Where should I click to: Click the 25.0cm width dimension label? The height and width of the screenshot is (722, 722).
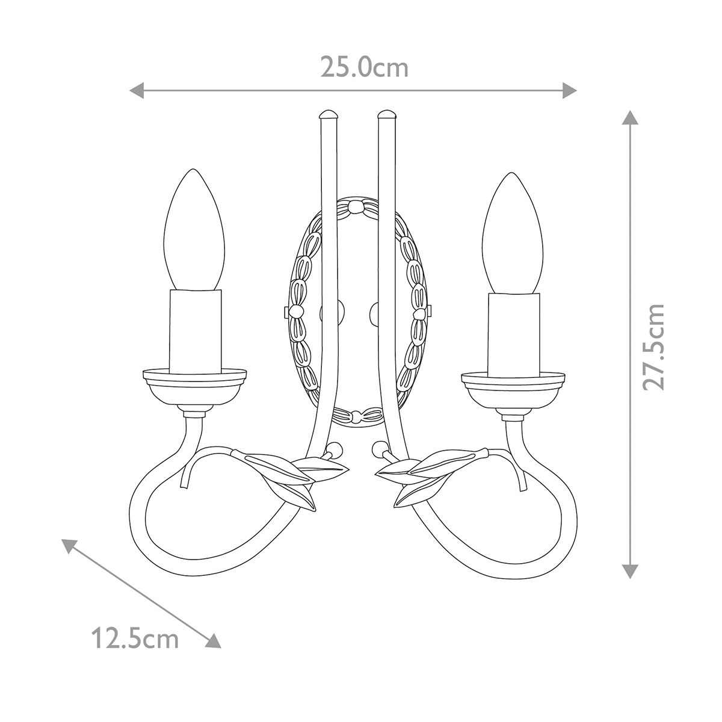[x=364, y=68]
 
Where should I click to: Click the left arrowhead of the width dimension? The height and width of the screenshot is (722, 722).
[x=137, y=91]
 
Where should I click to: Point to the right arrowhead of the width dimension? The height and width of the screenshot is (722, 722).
[x=570, y=91]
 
